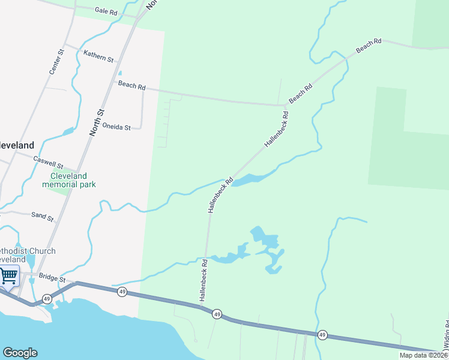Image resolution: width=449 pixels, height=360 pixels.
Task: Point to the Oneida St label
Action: tap(116, 127)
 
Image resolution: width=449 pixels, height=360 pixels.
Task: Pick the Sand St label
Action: tap(42, 217)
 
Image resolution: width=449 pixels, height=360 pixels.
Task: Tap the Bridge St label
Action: tap(51, 277)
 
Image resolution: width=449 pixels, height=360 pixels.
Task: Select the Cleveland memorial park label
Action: tap(68, 180)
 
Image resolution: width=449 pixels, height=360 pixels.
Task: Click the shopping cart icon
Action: tap(8, 277)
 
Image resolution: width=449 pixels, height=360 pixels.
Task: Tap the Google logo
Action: tap(20, 353)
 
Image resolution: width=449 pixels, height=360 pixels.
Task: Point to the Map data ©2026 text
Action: tap(423, 355)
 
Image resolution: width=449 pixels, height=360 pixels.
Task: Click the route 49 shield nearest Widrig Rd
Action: tap(322, 334)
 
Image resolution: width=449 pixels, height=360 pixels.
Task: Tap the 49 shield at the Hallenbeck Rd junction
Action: tap(217, 314)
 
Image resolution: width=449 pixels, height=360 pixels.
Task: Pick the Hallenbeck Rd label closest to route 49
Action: tap(203, 281)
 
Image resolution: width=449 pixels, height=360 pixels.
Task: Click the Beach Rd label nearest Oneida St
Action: tap(132, 86)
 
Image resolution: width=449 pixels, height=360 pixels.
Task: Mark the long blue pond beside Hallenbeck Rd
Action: tap(249, 178)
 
